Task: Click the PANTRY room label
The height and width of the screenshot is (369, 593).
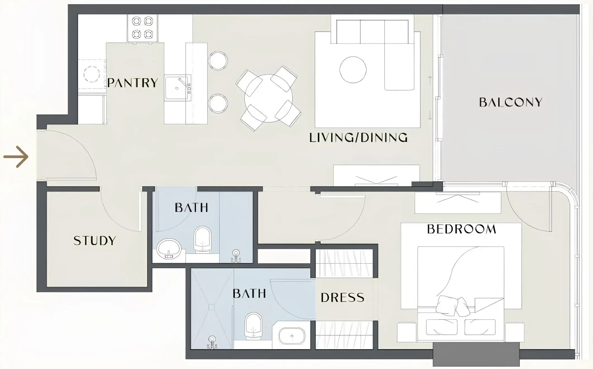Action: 133,83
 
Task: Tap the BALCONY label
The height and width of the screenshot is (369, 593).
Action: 511,102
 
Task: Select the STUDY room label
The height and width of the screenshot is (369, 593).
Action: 95,241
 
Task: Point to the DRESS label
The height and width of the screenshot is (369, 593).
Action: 342,298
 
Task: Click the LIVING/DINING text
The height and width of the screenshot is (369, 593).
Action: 358,138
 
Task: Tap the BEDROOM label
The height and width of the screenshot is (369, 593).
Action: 462,229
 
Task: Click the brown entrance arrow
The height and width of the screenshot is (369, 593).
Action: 16,157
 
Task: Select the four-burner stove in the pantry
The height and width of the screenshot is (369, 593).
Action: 143,28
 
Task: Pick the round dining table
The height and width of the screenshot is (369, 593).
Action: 269,98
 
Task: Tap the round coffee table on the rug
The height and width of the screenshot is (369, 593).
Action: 353,70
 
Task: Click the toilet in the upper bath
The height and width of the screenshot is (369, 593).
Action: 202,239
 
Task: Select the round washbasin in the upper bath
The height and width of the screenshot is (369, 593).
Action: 169,249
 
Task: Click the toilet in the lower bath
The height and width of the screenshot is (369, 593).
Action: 254,326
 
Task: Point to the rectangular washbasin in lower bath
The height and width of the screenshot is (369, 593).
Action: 292,336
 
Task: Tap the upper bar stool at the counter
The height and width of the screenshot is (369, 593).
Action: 218,60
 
